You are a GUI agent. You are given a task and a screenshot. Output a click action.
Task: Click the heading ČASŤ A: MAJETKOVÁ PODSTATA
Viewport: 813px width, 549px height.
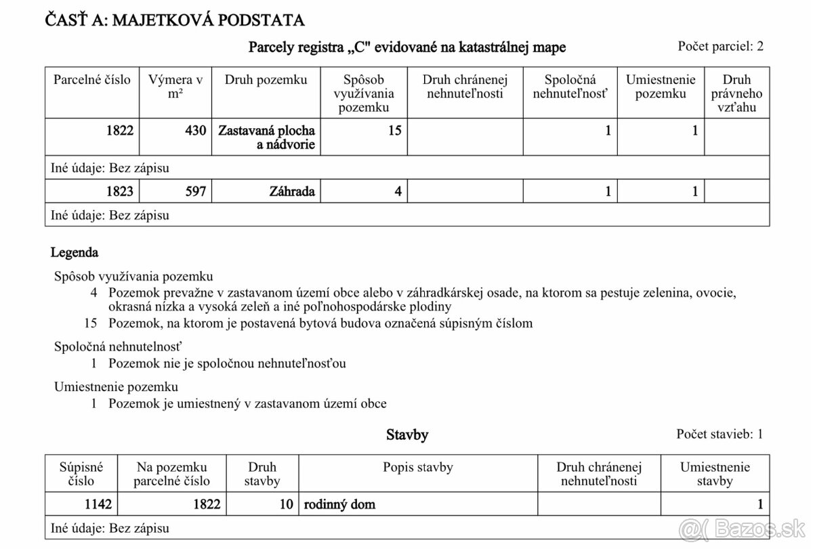point(174,20)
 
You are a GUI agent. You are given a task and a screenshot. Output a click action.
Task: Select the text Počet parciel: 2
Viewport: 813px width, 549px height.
point(720,46)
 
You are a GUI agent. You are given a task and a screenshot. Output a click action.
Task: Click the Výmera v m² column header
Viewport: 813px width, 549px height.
point(176,87)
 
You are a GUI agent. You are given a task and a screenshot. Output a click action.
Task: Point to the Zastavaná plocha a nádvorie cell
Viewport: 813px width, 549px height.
point(266,137)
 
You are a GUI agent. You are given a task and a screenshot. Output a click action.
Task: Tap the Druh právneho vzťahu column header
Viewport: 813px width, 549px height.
point(736,94)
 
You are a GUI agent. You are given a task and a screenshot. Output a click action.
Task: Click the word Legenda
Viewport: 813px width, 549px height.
point(75,253)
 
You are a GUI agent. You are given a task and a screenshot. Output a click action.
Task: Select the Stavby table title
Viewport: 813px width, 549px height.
point(407,434)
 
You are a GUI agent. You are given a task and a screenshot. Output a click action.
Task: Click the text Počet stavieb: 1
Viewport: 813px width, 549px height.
point(720,434)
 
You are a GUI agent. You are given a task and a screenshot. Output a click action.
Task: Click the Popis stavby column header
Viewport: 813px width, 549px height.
point(417,467)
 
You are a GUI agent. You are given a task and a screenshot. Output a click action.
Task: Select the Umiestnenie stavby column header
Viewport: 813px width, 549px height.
point(715,474)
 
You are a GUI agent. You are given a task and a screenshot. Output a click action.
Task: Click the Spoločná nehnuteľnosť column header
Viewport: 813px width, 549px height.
point(570,87)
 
